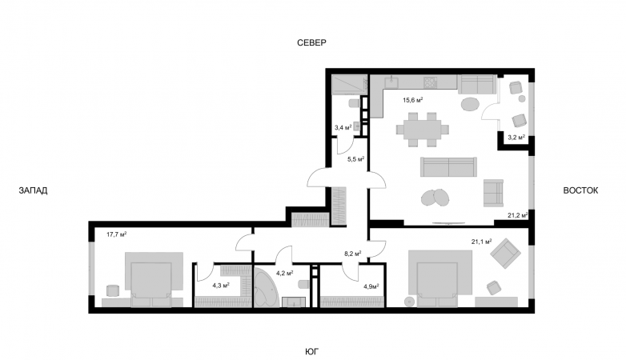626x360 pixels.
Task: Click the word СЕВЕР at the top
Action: tap(312, 42)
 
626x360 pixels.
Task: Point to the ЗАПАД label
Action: tap(33, 190)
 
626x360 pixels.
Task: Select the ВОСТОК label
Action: tap(580, 190)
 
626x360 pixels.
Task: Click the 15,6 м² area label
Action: tap(412, 100)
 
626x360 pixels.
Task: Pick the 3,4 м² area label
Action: tap(343, 126)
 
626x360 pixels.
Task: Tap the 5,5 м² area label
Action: tap(355, 159)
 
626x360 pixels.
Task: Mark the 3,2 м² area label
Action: tap(516, 138)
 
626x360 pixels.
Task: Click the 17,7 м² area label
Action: tap(117, 234)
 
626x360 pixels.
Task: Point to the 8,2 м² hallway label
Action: tap(352, 254)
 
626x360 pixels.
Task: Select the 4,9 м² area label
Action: tap(371, 286)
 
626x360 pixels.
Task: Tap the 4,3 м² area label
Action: tap(221, 284)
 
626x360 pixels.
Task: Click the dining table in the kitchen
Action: tap(421, 129)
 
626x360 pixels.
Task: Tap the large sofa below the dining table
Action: tap(447, 166)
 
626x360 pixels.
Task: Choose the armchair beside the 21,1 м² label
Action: tap(504, 255)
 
